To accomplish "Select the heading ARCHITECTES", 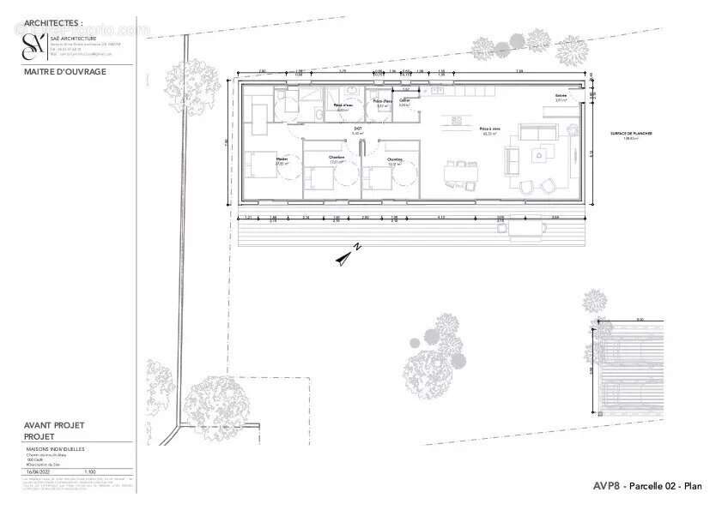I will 54,23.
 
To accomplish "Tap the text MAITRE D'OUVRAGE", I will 65,72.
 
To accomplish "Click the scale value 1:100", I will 89,471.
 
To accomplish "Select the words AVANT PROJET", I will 54,425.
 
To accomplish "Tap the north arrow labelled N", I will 348,255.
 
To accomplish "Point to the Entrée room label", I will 561,96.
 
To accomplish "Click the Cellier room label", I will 403,102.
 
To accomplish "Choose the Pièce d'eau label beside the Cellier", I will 382,103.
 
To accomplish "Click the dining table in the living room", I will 460,173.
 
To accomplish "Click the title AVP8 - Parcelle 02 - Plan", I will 647,486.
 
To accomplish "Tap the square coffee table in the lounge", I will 540,154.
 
